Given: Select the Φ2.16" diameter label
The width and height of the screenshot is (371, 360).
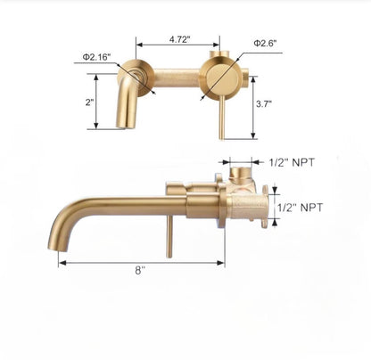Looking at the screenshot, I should coord(95,57).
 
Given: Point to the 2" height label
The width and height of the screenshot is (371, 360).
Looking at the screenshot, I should coord(90,102).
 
